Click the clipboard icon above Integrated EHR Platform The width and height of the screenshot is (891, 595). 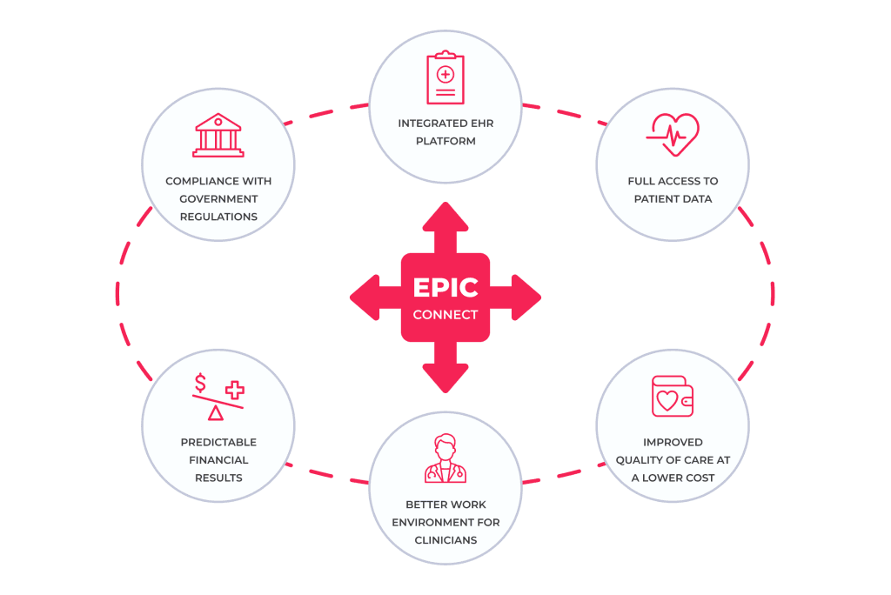click(445, 79)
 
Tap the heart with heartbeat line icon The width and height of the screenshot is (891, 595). click(672, 135)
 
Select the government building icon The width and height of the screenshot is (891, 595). click(218, 136)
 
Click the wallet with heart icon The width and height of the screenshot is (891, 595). click(672, 396)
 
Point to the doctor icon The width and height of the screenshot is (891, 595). click(445, 458)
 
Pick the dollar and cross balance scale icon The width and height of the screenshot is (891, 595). click(218, 397)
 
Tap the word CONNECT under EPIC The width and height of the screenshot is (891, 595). click(445, 314)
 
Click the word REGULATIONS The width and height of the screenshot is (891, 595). click(218, 216)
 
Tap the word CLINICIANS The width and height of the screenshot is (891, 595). click(445, 539)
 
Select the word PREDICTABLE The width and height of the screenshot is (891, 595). click(218, 442)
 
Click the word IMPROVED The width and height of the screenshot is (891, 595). click(673, 442)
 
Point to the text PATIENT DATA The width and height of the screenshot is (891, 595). click(673, 198)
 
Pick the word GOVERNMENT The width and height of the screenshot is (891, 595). click(218, 198)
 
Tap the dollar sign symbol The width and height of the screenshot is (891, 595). click(201, 383)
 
